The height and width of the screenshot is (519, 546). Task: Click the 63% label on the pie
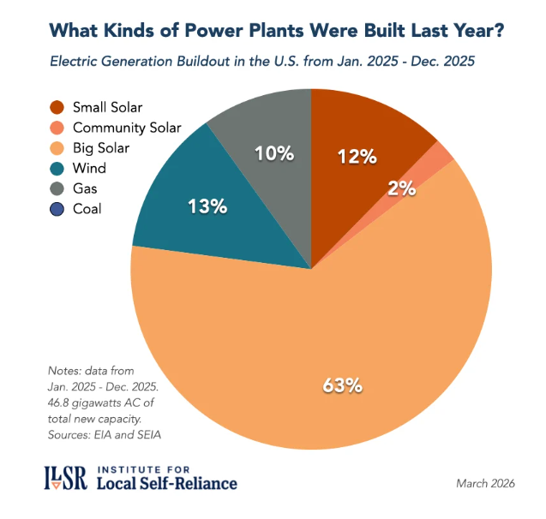click(343, 385)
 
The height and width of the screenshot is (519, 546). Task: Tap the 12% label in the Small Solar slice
click(357, 156)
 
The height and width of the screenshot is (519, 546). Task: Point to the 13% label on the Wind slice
click(206, 206)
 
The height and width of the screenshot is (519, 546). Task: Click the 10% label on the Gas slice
click(274, 153)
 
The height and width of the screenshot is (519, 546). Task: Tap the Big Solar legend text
click(102, 148)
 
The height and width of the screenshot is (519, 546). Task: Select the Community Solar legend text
click(127, 128)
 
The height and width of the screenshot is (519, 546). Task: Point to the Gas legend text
click(87, 188)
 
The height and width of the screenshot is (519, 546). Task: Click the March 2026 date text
click(485, 484)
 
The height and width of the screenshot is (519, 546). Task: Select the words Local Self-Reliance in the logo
click(167, 485)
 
